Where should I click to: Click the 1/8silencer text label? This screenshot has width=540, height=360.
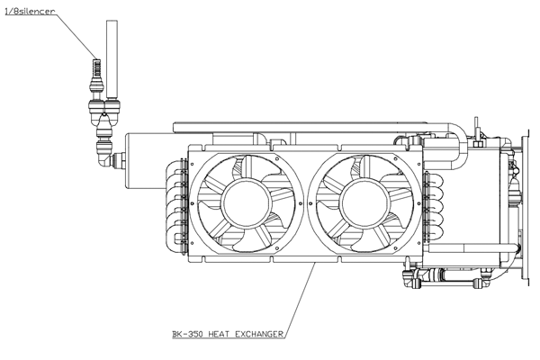click(30, 12)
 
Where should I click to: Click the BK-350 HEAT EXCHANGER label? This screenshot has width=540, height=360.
click(228, 334)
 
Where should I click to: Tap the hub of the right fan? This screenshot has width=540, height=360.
click(364, 203)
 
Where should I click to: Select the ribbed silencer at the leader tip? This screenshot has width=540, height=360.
click(97, 67)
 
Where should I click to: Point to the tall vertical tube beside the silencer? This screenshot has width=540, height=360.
click(112, 58)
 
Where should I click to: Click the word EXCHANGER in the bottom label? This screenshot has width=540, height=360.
click(259, 334)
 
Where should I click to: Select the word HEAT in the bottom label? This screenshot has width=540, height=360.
click(220, 334)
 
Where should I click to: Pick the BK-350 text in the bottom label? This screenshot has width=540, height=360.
click(188, 334)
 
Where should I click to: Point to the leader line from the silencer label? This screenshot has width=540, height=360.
click(76, 37)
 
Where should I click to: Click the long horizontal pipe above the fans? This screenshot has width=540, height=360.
click(310, 128)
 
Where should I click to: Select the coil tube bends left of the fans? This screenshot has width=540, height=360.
click(176, 206)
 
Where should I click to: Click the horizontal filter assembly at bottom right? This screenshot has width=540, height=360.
click(446, 276)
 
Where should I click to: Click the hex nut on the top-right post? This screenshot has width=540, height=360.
click(477, 143)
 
